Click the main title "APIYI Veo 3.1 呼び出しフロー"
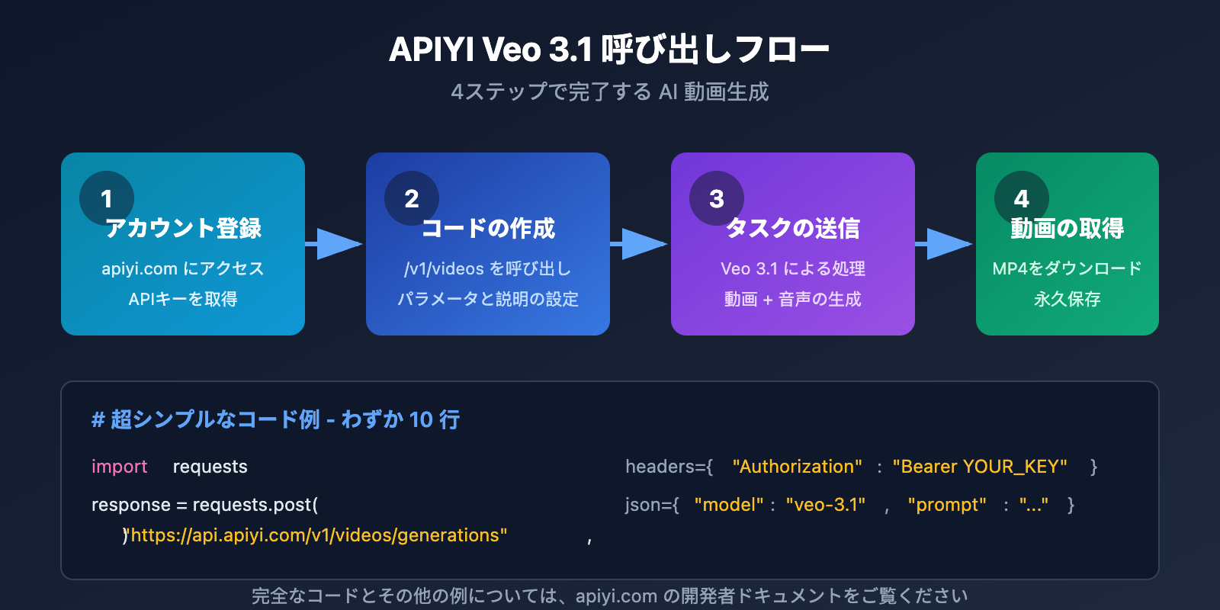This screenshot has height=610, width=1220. [x=609, y=50]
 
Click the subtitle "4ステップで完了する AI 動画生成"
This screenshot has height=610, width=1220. [x=609, y=92]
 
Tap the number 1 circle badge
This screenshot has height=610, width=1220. [x=107, y=198]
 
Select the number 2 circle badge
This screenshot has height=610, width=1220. [x=412, y=198]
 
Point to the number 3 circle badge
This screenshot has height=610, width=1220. [x=717, y=198]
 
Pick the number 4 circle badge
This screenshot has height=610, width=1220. [x=1022, y=198]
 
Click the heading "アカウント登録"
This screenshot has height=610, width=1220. [x=183, y=228]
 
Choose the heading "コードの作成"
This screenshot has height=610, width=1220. [x=488, y=228]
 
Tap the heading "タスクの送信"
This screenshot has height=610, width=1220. [x=793, y=228]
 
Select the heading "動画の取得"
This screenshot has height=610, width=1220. [x=1067, y=228]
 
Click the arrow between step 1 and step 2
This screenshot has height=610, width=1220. [x=335, y=244]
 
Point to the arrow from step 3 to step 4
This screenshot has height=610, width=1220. [x=945, y=244]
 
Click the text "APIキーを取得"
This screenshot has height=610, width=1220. [x=183, y=299]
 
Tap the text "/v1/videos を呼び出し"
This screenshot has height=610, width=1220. [x=488, y=268]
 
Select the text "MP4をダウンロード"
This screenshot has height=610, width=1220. [x=1067, y=268]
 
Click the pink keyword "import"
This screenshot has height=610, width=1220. [x=119, y=467]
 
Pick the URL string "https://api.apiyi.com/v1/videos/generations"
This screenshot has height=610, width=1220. [x=319, y=535]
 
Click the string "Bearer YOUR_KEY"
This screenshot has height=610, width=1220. [x=980, y=467]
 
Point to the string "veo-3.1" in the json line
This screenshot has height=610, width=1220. [x=826, y=505]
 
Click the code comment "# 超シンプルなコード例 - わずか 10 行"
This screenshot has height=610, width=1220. [x=275, y=419]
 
